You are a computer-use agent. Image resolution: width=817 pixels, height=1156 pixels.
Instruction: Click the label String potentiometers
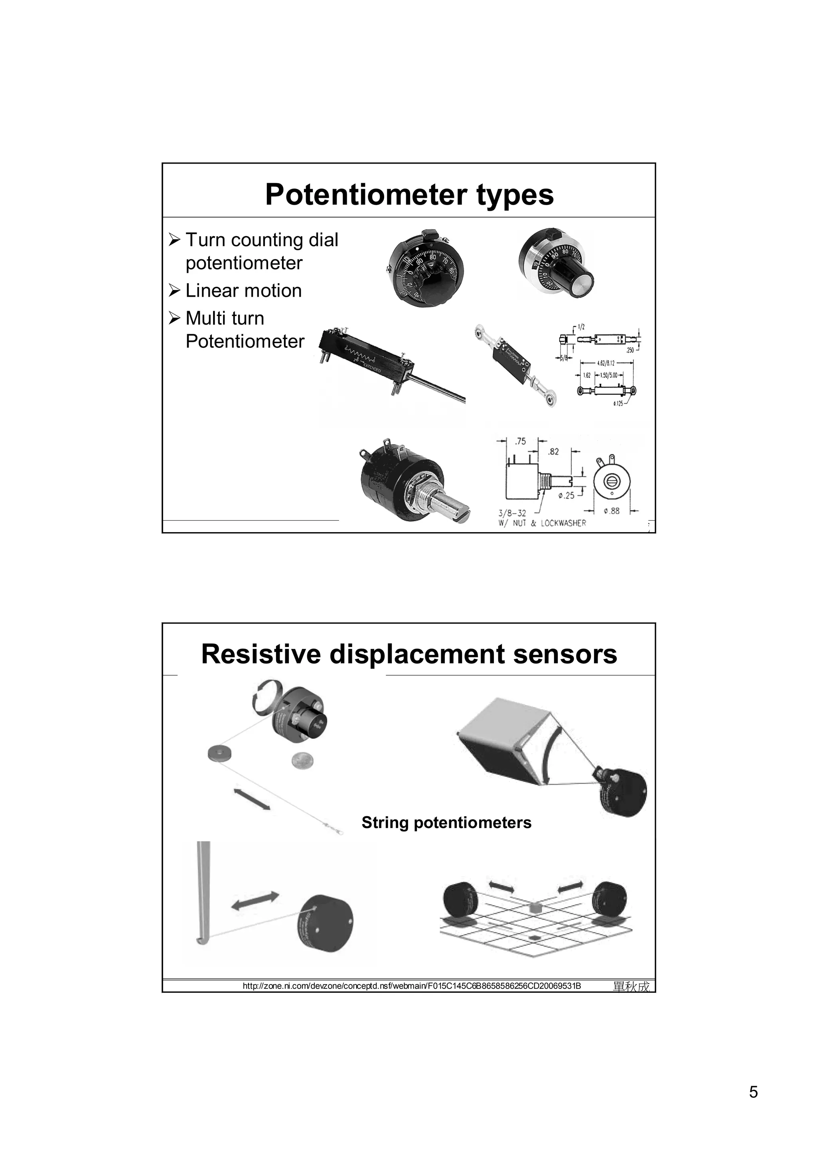(446, 822)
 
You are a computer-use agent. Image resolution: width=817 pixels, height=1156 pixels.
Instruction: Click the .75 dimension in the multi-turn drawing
(521, 442)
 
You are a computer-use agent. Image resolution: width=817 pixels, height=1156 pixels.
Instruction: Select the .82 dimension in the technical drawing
(553, 452)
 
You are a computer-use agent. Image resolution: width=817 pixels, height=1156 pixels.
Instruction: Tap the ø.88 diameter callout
(611, 511)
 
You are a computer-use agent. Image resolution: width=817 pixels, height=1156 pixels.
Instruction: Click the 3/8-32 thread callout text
(512, 513)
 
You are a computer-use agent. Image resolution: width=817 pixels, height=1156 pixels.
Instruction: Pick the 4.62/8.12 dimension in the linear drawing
(606, 363)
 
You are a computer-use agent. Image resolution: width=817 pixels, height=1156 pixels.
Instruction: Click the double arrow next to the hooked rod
(255, 900)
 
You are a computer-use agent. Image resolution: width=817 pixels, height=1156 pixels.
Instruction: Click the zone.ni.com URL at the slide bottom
(411, 986)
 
